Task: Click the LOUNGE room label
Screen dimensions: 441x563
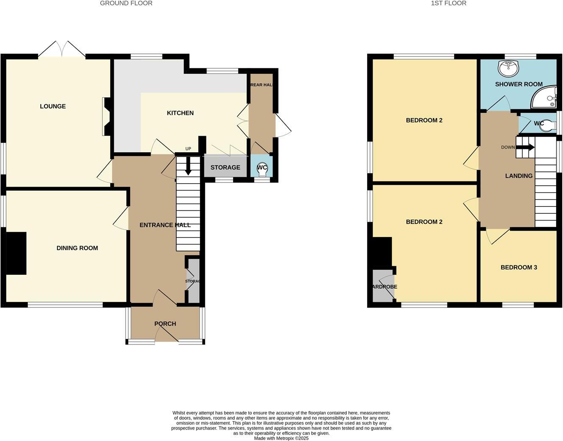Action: pos(53,106)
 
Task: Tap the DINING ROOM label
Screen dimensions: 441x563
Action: pos(77,248)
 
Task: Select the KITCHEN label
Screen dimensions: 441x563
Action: pos(180,113)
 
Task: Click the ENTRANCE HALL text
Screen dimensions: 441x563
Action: pos(165,225)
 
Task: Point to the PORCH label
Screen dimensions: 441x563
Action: pos(165,324)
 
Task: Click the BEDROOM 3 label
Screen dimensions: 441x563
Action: pos(518,267)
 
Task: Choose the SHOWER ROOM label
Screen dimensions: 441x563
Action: pos(518,84)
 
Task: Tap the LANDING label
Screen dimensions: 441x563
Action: pos(518,176)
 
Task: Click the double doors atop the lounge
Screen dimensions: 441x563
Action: pos(62,49)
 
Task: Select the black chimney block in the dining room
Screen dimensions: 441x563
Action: pos(16,253)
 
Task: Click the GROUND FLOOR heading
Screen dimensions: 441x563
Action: pos(126,3)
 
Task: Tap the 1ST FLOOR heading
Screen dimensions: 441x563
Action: pos(448,3)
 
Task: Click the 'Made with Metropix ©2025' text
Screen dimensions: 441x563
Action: pos(281,438)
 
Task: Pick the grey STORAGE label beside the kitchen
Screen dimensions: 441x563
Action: pos(225,167)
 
